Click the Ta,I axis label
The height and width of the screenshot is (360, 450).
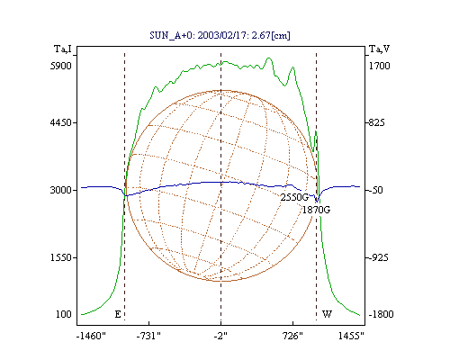(x=63, y=49)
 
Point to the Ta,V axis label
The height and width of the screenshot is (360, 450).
(x=379, y=49)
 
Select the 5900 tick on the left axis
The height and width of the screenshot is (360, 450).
(x=61, y=66)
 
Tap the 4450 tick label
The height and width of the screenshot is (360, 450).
(x=61, y=122)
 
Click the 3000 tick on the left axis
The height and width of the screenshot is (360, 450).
(x=61, y=190)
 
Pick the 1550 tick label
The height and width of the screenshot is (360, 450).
(x=61, y=257)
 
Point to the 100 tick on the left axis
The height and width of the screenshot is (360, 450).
(x=64, y=314)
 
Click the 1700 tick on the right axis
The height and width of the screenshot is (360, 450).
(x=379, y=66)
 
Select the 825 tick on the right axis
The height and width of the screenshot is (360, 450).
(x=376, y=122)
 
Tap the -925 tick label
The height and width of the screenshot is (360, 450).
(x=378, y=257)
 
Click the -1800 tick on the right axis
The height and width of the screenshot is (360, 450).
(x=381, y=314)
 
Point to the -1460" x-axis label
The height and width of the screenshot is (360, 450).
(x=91, y=336)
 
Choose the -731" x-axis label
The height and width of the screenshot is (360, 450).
(x=148, y=336)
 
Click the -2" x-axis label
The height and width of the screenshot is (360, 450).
(x=220, y=336)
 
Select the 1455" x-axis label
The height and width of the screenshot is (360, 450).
(x=351, y=336)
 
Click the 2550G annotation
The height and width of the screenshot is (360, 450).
(x=294, y=197)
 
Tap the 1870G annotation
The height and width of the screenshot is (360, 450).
(x=316, y=210)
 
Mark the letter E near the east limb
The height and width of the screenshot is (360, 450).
(x=118, y=314)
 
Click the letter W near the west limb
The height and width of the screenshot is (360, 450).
(x=327, y=314)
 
